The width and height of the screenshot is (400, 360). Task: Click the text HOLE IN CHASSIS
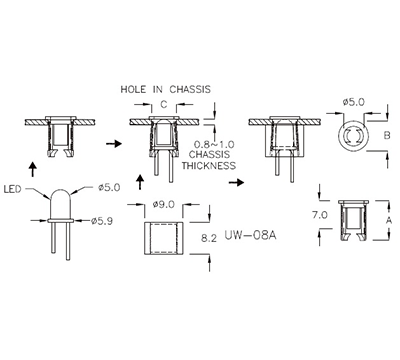[165, 87]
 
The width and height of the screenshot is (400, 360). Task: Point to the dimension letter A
[389, 217]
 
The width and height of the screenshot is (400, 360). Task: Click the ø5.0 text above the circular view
[352, 102]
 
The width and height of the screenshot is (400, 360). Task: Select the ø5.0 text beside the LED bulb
[110, 187]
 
